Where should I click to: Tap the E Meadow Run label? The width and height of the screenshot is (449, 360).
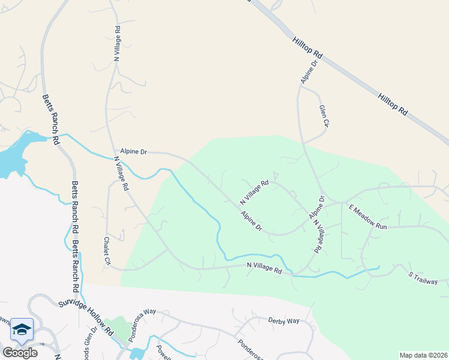(x=369, y=217)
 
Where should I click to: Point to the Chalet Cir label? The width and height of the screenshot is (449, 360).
(x=107, y=251)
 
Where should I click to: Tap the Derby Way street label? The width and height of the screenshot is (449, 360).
(x=283, y=321)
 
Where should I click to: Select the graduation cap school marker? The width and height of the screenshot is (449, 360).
(x=22, y=329)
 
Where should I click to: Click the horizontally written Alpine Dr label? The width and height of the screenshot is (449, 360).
(x=133, y=152)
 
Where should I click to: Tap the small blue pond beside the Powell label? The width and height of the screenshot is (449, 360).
(x=137, y=353)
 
